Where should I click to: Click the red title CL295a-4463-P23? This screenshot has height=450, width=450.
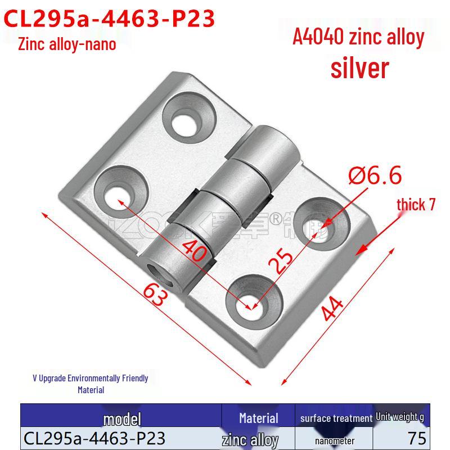110,18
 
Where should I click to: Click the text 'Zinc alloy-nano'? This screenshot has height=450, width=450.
67,44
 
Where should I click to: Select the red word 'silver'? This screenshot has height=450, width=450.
359,67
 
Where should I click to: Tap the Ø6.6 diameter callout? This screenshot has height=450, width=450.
375,176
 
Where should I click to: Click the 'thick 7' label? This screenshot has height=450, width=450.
416,204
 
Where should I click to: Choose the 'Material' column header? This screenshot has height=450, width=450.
258,418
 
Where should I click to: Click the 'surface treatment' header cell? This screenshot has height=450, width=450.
336,418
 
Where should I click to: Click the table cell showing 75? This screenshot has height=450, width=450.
417,439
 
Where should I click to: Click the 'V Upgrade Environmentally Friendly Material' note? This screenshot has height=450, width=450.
90,383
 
